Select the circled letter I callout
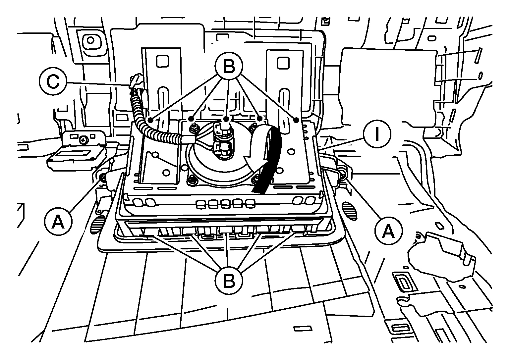click(377, 134)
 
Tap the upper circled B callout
click(229, 66)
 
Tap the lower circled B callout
click(229, 281)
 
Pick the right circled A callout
click(388, 231)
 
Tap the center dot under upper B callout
click(226, 119)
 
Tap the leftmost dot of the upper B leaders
click(150, 119)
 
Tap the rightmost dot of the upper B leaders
click(296, 120)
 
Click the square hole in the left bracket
click(162, 61)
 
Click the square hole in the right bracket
click(283, 63)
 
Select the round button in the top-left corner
click(90, 40)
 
